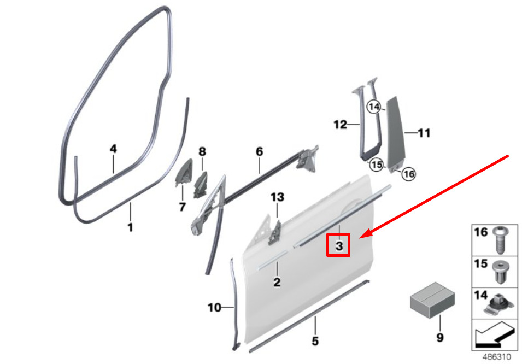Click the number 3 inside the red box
click(339, 246)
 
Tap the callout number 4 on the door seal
click(113, 149)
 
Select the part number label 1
click(130, 227)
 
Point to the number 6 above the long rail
click(259, 151)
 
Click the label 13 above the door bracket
click(277, 197)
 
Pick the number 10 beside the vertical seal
click(214, 307)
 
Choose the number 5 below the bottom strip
click(315, 341)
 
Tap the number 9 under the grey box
click(440, 337)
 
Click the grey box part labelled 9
click(432, 300)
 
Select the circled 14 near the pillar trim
click(374, 107)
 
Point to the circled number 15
click(376, 165)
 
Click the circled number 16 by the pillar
click(408, 174)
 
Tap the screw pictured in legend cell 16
click(500, 240)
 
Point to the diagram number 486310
click(496, 357)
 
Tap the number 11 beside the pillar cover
click(424, 133)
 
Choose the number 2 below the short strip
click(277, 283)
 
